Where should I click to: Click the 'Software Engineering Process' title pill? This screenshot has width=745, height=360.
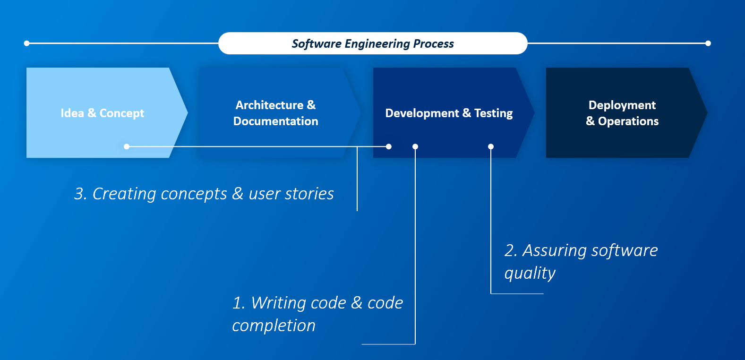point(373,43)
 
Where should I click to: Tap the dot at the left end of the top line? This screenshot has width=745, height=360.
point(27,43)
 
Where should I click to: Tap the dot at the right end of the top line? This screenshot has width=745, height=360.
point(708,43)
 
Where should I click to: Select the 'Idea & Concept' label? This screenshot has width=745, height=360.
point(102,113)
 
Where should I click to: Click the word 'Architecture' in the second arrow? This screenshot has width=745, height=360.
point(269,105)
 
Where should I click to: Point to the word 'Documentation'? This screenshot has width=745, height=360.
point(275,121)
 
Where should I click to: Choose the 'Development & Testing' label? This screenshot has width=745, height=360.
point(449,113)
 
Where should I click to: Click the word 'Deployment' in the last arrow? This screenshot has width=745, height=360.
point(622,105)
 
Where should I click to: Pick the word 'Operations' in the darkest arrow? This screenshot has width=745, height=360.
point(628,121)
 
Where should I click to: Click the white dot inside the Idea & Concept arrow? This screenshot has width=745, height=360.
point(127,146)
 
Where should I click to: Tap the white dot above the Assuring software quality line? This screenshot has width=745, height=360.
point(491,146)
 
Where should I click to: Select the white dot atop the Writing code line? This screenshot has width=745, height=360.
point(415,146)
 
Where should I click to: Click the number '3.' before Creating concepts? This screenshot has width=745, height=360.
point(80,194)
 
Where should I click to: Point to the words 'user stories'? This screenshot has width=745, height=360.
point(291,194)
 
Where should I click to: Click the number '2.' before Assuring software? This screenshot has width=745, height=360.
point(511,251)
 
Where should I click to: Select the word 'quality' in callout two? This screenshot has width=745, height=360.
point(530,274)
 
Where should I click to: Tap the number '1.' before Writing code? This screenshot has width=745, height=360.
point(239,303)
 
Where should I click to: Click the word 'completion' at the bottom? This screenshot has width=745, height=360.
point(274,326)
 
